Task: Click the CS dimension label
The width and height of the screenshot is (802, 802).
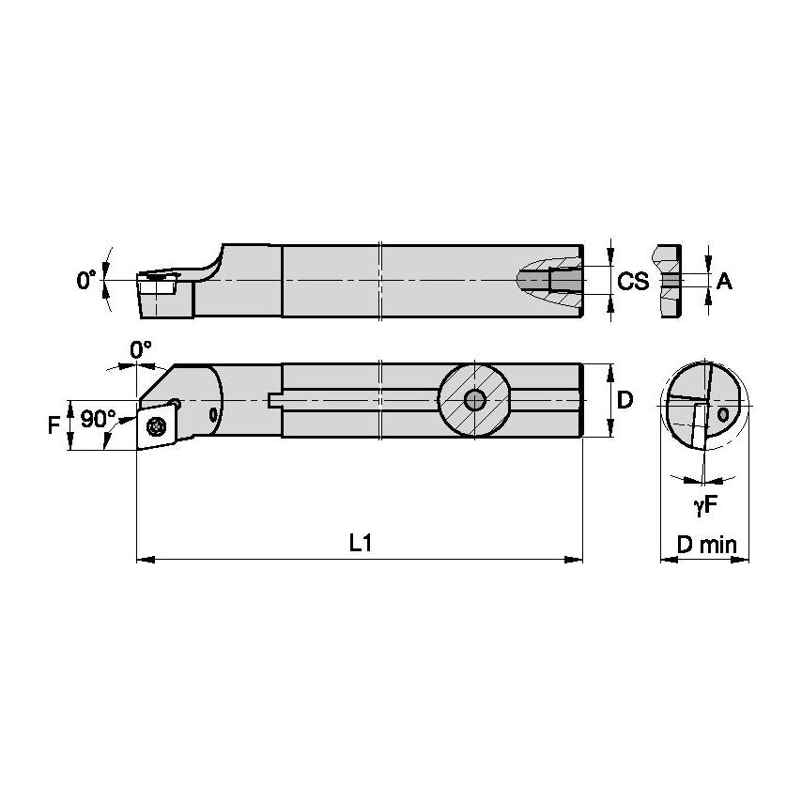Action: coord(633,280)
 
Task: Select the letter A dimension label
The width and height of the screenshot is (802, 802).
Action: coord(724,280)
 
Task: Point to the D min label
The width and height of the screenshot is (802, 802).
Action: coord(706,544)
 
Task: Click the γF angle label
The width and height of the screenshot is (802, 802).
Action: coord(705,505)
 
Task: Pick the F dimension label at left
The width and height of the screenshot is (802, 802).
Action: coord(54,425)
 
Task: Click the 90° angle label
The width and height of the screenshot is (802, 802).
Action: coord(97,420)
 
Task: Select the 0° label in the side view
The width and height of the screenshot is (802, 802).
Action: coord(86,280)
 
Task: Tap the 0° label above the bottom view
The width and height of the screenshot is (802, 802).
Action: coord(140,349)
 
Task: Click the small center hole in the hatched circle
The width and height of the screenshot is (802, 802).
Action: coord(475,400)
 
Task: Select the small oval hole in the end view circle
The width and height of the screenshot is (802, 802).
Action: coord(723,413)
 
